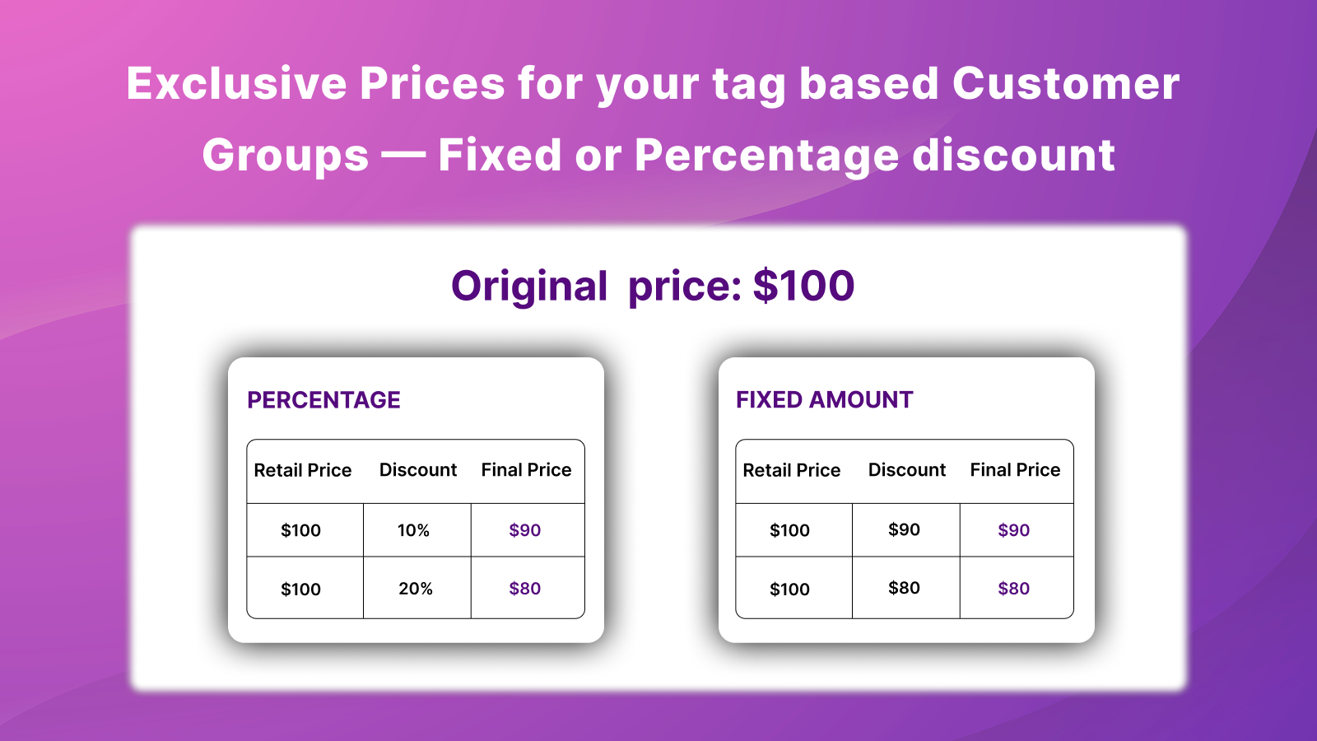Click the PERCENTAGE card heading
(323, 400)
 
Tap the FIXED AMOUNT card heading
(824, 400)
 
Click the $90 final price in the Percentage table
(524, 530)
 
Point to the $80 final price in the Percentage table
(524, 588)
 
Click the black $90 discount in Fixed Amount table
(904, 529)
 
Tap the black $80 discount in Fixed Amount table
(904, 588)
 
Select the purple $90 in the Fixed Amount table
(1013, 530)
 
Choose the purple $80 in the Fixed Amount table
(1013, 588)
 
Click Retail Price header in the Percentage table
(303, 470)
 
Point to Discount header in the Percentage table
(418, 469)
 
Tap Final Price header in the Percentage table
(526, 469)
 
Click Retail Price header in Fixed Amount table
(791, 470)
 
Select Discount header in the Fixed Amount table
(906, 469)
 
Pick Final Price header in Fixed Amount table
(1016, 469)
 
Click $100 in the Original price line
(803, 286)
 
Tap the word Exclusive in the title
(236, 83)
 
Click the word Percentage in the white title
(766, 156)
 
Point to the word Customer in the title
(1065, 83)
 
